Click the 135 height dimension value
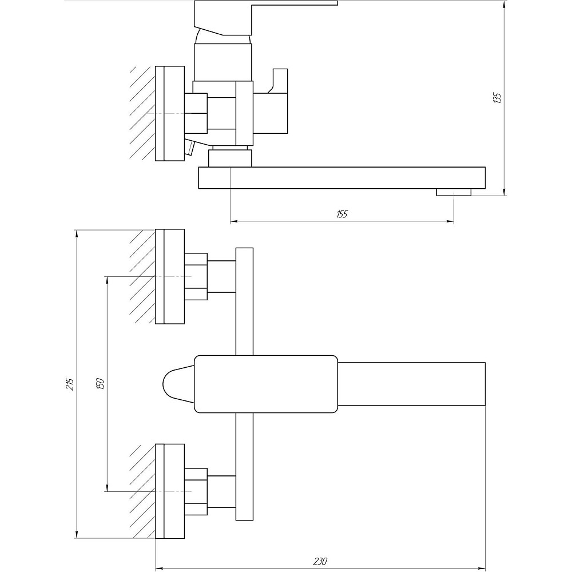tap(497, 98)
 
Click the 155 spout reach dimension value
tap(342, 214)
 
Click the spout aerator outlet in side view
tap(454, 192)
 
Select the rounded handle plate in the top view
tap(266, 384)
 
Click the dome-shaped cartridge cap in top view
tap(178, 384)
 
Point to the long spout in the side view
tap(342, 178)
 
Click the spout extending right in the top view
tap(411, 384)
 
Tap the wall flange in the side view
tap(170, 113)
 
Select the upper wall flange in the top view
tap(170, 276)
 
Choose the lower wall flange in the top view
tap(170, 491)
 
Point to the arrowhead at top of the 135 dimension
tap(504, 6)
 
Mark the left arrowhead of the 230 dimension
tap(160, 568)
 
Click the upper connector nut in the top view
tap(196, 276)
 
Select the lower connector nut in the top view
tap(196, 491)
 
